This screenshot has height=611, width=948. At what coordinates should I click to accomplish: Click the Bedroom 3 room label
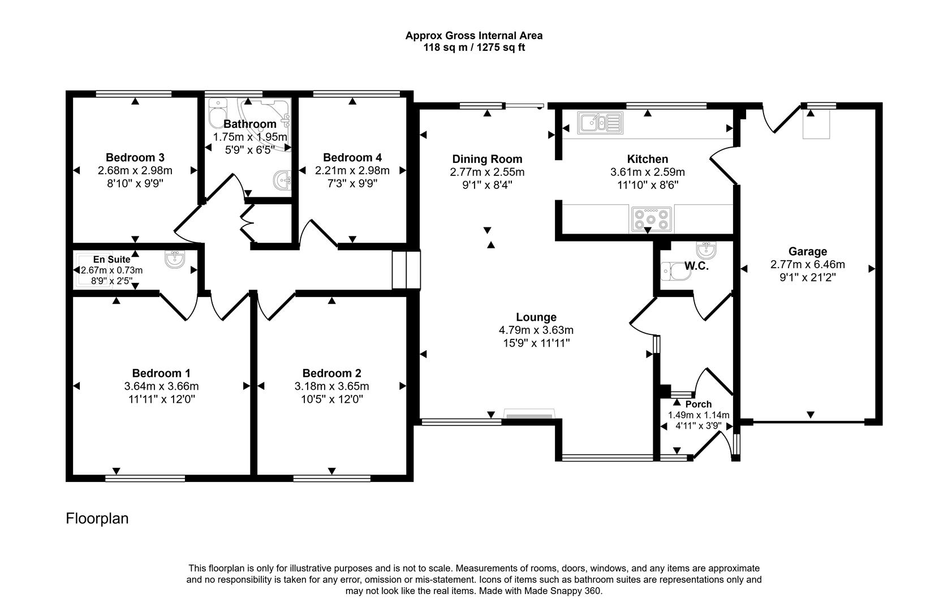coord(135,157)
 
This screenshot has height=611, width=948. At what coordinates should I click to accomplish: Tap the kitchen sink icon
coord(600,122)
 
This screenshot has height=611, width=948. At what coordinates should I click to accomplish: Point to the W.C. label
coord(696,266)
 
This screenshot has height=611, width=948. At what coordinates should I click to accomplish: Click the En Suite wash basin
coord(175,260)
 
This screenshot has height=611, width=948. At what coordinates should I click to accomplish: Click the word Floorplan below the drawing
coord(97,518)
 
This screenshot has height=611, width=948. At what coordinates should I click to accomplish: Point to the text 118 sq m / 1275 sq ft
coord(474,48)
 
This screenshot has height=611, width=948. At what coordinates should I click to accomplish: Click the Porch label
coord(698,404)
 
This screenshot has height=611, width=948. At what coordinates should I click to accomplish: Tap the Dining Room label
coord(487,159)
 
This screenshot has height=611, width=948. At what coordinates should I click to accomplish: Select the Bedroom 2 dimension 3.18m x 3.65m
coord(331,386)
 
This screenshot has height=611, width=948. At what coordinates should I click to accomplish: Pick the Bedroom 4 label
coord(352,157)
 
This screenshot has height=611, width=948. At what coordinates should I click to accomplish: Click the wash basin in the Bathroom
coord(282,181)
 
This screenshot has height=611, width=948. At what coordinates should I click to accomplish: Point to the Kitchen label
coord(647,159)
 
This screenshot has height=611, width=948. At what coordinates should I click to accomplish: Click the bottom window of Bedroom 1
coord(145,478)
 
